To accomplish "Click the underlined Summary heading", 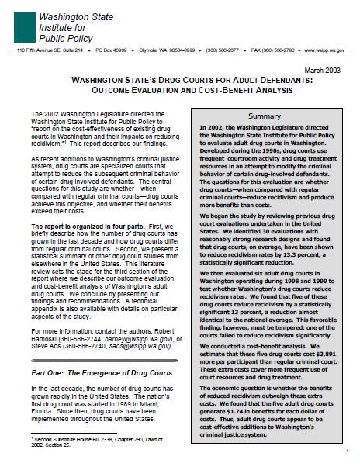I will pos(265,116).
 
